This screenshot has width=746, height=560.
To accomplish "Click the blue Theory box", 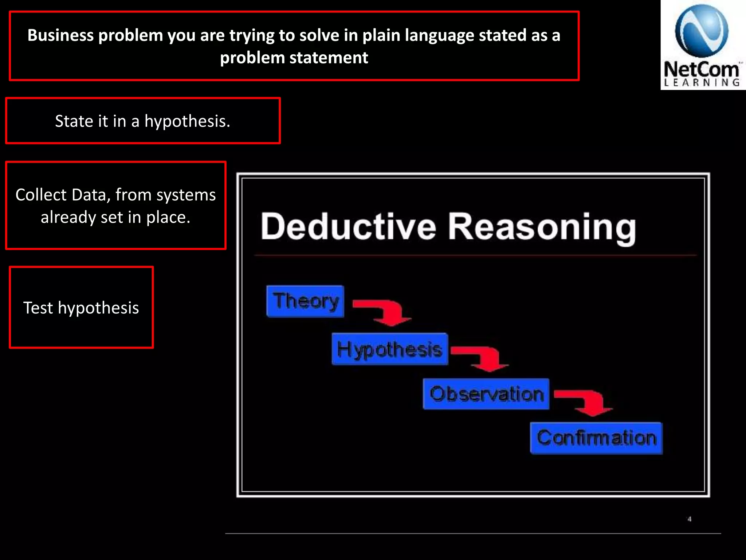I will tap(305, 301).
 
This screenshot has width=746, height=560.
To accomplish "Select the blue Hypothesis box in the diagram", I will tap(389, 349).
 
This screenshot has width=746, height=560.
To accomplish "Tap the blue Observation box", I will tap(486, 394).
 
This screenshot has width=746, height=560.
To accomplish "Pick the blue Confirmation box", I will tap(596, 438).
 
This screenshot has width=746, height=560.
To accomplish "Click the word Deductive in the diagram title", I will tap(348, 226).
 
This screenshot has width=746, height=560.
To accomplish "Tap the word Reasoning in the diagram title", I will tap(542, 227).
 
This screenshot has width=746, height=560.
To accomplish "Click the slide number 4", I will tap(689, 519).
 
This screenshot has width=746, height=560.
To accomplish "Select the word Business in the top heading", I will tap(60, 35).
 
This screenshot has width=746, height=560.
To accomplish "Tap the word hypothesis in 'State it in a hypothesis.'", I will tap(187, 121).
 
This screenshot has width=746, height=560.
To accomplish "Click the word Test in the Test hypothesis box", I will tap(38, 308).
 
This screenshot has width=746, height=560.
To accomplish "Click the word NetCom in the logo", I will tap(702, 69).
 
